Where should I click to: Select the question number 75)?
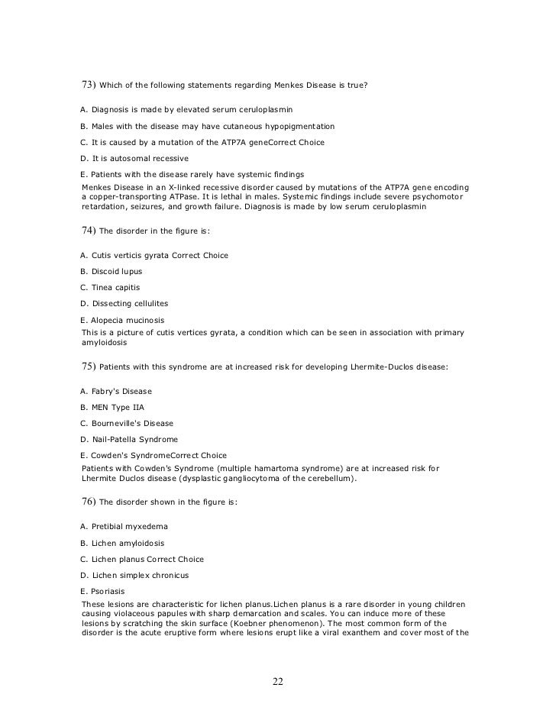89,366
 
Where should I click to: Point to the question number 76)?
89,502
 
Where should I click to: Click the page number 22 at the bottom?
278,682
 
